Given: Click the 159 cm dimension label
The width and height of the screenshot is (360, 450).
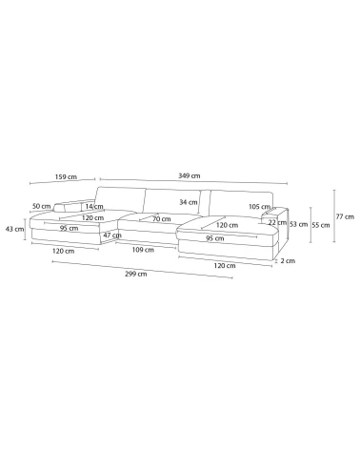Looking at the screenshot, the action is click(66, 176).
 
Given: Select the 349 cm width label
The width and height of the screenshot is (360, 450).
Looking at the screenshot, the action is click(190, 175).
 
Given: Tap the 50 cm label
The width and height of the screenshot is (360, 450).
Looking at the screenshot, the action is click(42, 206).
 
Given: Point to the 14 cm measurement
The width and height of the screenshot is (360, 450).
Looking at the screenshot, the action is click(94, 206).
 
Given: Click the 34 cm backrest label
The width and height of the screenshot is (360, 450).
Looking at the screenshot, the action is click(189, 202).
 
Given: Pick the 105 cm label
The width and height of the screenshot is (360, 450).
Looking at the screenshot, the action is click(259, 207).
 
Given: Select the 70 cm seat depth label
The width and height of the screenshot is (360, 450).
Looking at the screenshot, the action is click(162, 219).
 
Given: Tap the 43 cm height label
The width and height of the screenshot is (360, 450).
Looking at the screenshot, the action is click(14, 229).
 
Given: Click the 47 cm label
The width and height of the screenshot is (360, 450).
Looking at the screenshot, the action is click(112, 235).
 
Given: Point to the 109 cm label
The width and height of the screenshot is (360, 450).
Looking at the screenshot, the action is click(143, 250).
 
